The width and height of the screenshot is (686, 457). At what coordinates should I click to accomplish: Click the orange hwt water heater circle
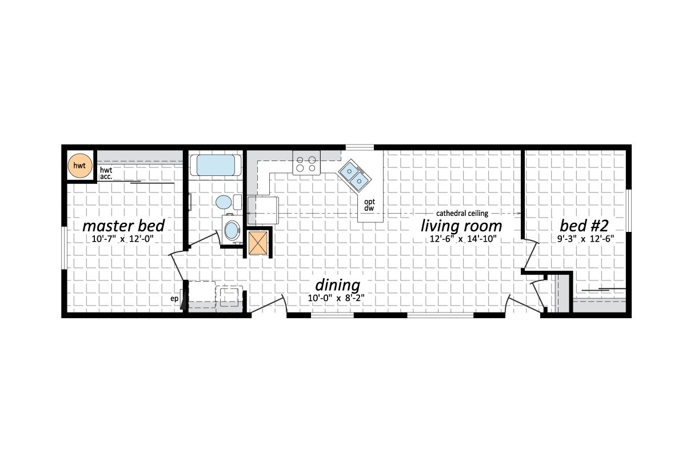[79, 166]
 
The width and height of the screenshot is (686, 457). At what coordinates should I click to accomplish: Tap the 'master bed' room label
[123, 223]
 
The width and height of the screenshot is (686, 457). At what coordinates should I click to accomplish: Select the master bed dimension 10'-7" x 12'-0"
[123, 239]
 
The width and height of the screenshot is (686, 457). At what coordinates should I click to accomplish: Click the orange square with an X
[258, 242]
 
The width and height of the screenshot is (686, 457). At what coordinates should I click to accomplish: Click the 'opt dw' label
[369, 205]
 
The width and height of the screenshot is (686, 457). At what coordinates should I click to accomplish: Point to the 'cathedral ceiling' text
[462, 213]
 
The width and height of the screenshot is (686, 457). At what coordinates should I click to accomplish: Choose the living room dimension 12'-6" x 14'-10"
[462, 239]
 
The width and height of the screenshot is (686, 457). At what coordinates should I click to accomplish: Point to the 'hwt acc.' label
[106, 174]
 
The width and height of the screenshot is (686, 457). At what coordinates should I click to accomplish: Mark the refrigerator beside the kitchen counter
[263, 209]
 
